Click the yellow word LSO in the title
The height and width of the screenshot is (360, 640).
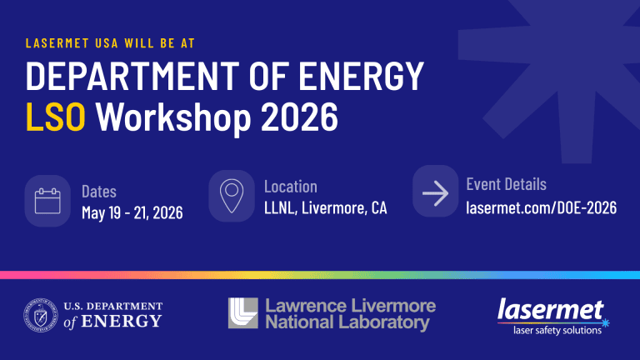tap(56, 117)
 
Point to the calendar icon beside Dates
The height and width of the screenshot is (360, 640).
tap(47, 201)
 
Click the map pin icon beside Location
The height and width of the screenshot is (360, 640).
tap(231, 197)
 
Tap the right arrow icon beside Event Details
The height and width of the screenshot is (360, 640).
tap(435, 194)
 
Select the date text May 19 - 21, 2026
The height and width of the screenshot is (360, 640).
tap(132, 213)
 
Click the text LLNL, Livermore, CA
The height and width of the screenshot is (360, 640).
tap(325, 207)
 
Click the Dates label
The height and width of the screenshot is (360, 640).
tap(99, 192)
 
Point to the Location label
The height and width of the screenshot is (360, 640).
tap(290, 187)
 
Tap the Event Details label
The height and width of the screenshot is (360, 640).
tap(506, 184)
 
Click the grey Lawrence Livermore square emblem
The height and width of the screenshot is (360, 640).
tap(242, 313)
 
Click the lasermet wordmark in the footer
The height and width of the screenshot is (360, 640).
tap(550, 310)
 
